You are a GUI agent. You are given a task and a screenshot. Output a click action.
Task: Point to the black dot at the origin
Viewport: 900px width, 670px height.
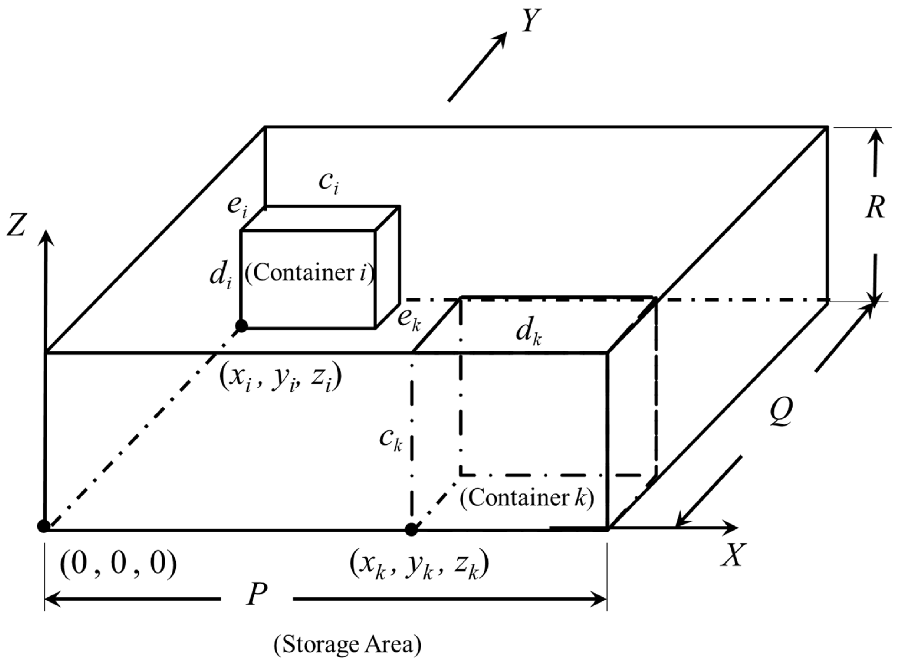(x=44, y=526)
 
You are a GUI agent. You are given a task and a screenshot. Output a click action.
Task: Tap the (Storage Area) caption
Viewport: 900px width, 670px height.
(x=347, y=644)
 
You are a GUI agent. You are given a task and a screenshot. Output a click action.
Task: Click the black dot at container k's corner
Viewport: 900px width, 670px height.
(x=411, y=529)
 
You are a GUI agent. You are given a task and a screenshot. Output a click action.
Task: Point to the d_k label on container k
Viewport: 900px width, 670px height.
(x=529, y=333)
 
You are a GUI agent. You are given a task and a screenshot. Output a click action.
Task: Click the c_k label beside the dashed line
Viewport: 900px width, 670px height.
(x=390, y=439)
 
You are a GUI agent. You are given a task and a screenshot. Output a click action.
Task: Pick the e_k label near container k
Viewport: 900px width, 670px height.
(x=409, y=319)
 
